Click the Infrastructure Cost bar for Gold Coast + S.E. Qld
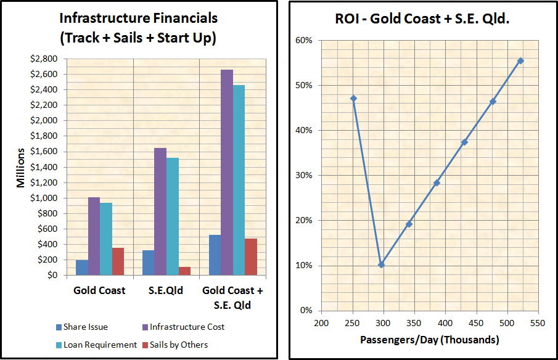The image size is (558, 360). tap(227, 173)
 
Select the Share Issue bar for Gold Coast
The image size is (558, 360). tap(81, 268)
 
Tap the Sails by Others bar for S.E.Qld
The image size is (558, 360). tap(184, 271)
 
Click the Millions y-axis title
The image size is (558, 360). tap(20, 168)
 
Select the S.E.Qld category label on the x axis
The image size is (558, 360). tap(166, 290)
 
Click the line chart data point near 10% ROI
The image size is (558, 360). tap(381, 264)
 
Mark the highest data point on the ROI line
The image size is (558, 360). tap(520, 60)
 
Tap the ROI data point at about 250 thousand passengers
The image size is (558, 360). tap(353, 99)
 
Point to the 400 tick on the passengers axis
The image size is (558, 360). tap(445, 323)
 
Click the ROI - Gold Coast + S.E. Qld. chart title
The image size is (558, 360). tap(422, 18)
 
